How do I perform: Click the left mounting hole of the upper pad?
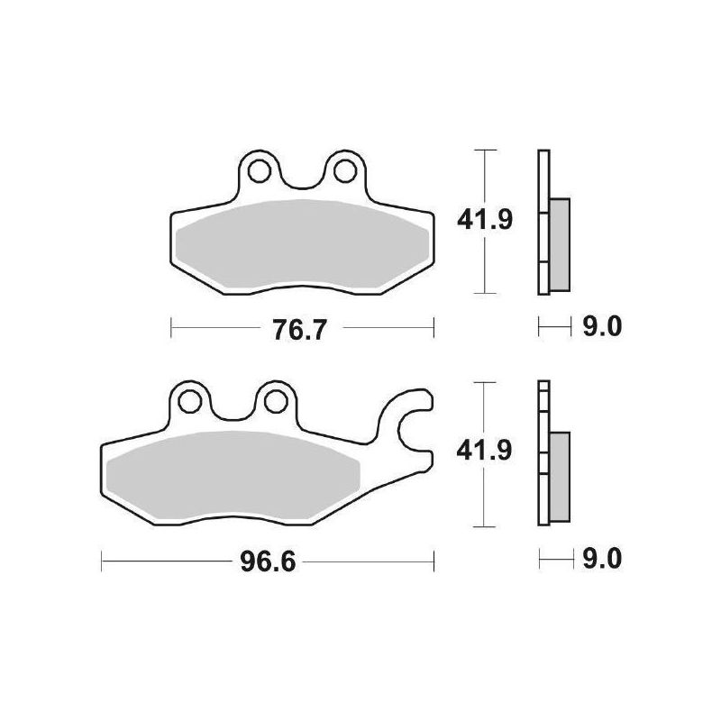point(260,168)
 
